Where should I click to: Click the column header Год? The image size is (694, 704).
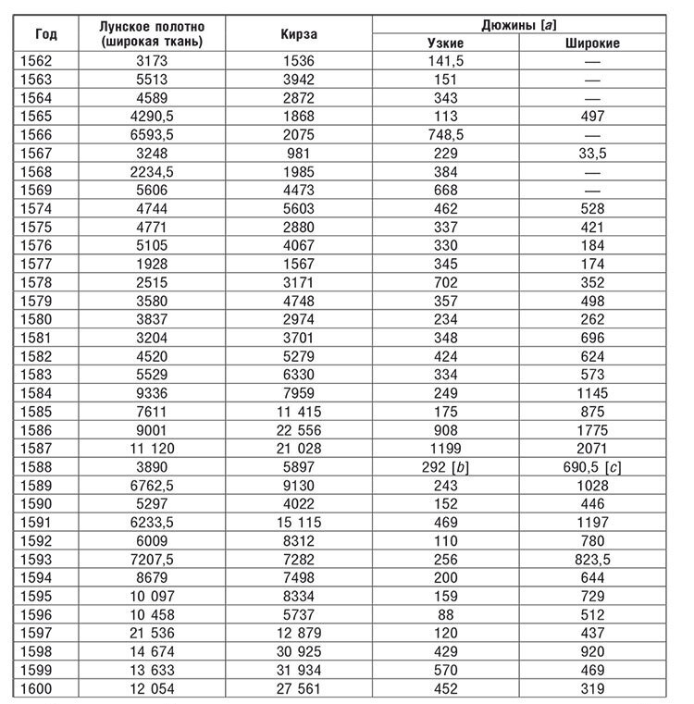(x=45, y=34)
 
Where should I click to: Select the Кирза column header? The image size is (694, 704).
(x=298, y=34)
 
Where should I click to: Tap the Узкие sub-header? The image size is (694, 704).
(x=445, y=43)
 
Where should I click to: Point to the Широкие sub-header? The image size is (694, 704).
(x=592, y=43)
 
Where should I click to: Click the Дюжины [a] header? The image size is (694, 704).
(x=519, y=25)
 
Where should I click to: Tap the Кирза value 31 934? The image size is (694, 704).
(x=298, y=671)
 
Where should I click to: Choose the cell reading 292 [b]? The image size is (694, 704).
(x=446, y=467)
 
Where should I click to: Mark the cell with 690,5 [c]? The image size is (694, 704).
(x=592, y=467)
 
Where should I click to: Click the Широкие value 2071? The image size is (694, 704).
(x=592, y=449)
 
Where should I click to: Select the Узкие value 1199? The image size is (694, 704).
(x=445, y=449)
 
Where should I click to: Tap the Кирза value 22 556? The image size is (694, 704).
(x=298, y=430)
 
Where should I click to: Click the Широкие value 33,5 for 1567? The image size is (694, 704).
(x=592, y=153)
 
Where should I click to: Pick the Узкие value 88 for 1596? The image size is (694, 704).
(x=445, y=615)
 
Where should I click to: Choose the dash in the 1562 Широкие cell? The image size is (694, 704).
(x=592, y=61)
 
